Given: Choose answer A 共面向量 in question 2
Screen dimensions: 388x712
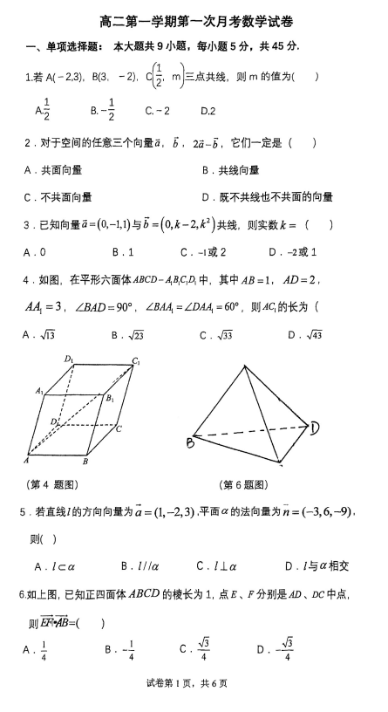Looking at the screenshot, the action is (58, 170).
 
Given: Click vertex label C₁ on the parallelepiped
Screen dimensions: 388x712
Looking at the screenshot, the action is (137, 361).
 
